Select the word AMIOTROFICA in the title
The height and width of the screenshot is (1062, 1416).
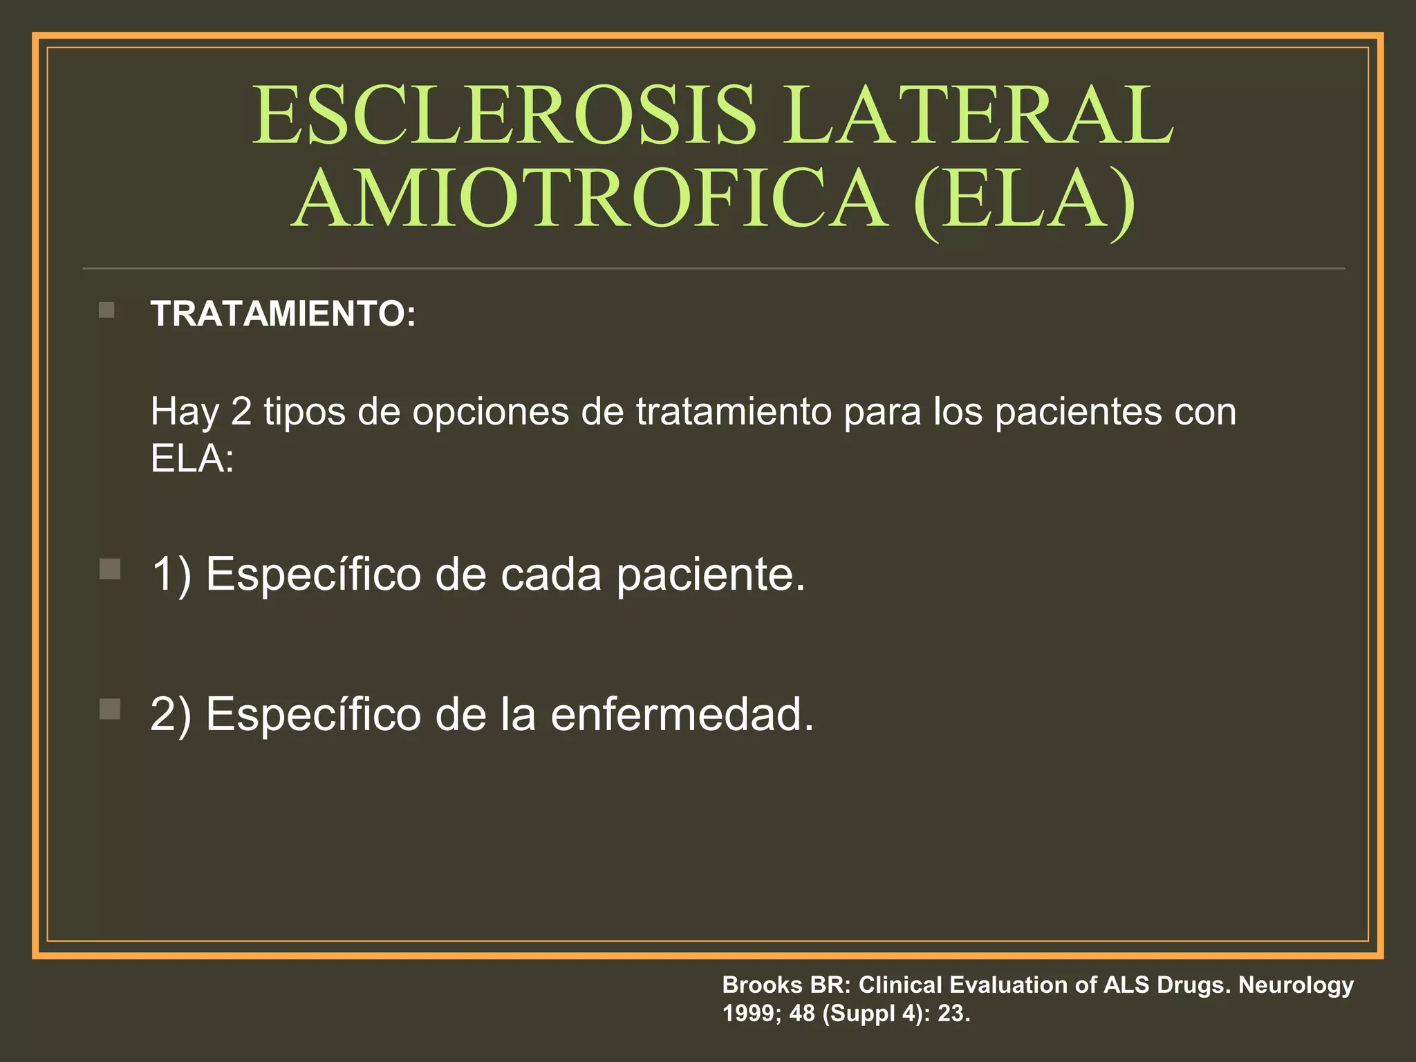pyautogui.click(x=590, y=198)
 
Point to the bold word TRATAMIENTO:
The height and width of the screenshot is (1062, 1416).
pyautogui.click(x=283, y=314)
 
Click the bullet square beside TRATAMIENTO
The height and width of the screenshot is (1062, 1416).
pyautogui.click(x=106, y=310)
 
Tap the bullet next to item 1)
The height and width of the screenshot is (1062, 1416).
pyautogui.click(x=109, y=570)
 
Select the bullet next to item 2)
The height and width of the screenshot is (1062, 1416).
pyautogui.click(x=109, y=709)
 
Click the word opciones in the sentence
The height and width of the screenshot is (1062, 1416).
pyautogui.click(x=490, y=412)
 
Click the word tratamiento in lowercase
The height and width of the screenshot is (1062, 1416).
pyautogui.click(x=734, y=412)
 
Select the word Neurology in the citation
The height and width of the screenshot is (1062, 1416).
pyautogui.click(x=1296, y=985)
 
